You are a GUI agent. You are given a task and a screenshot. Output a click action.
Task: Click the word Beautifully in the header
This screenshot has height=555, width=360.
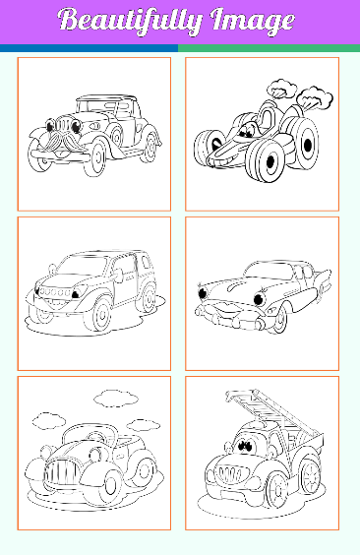coord(131,21)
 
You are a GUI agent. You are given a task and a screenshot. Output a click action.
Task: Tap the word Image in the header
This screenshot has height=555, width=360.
coord(253,21)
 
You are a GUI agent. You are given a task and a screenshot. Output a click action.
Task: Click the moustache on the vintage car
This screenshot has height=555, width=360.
coord(58,141)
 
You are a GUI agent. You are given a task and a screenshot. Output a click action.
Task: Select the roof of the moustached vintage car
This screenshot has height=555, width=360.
coord(106,97)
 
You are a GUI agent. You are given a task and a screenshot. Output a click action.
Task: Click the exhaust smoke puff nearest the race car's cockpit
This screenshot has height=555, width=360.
coord(281,89)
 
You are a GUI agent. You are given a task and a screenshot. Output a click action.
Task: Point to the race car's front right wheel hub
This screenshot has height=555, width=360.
coord(270,162)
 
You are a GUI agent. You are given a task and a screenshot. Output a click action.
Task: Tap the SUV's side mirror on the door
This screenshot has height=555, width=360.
coord(118,276)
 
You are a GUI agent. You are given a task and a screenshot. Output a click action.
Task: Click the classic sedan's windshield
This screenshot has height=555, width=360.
coord(270,272)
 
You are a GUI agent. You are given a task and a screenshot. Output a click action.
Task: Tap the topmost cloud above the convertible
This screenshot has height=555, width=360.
coord(116,399)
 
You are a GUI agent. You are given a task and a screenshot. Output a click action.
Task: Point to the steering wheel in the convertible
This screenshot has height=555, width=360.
coord(96,438)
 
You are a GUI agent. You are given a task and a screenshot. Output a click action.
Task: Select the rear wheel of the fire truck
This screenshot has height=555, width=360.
coord(310,477)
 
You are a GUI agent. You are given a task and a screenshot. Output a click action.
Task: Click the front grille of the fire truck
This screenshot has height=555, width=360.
coord(230,472)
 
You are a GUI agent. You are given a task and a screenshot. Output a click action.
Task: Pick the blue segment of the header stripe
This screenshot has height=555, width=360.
coord(89,48)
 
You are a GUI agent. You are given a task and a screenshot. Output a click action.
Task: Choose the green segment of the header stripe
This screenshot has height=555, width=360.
coord(269,48)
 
